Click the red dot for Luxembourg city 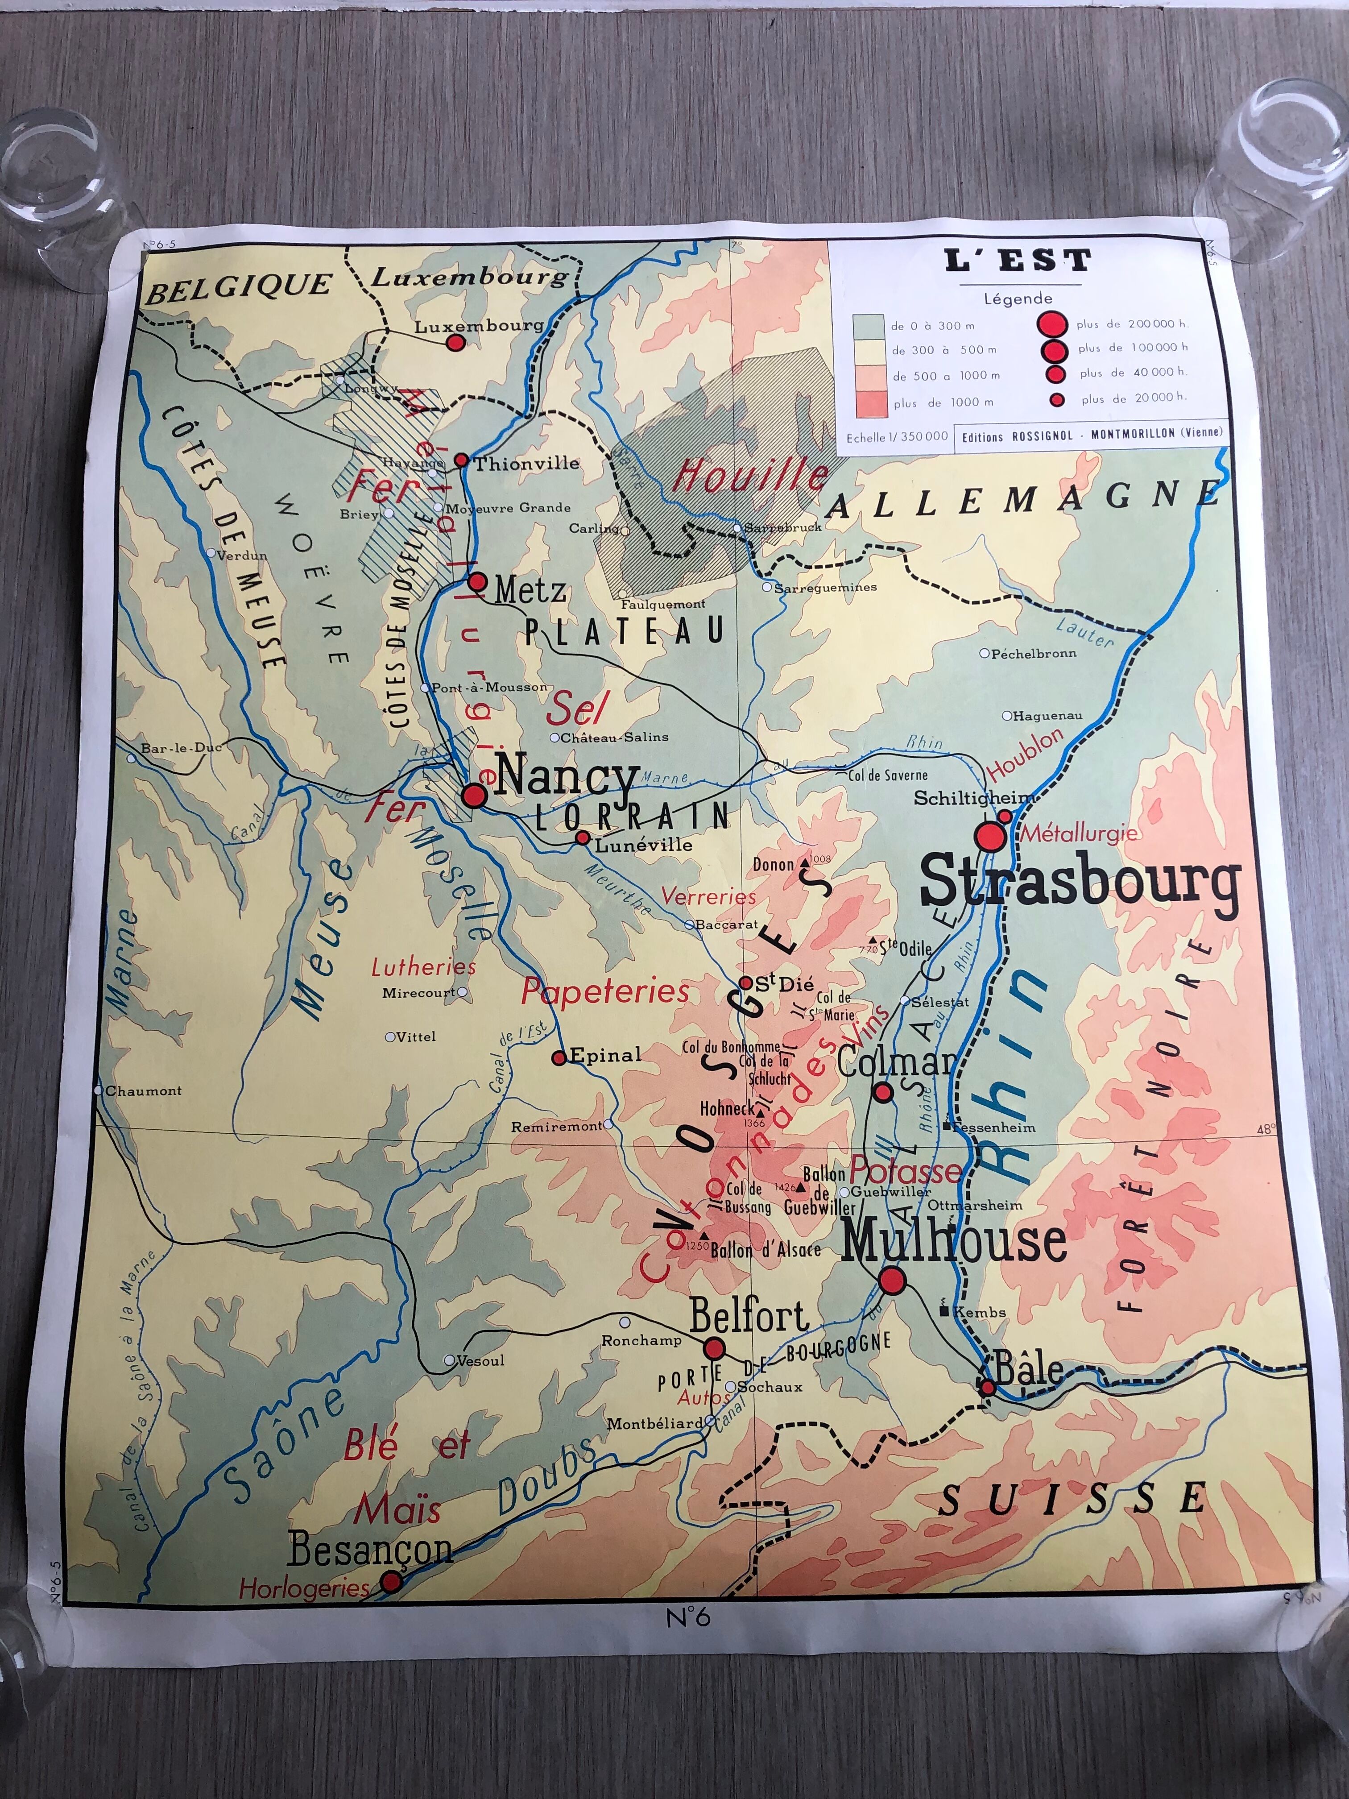coord(456,342)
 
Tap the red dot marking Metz coord(477,581)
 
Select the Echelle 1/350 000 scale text coord(896,437)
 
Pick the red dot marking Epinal coord(559,1058)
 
